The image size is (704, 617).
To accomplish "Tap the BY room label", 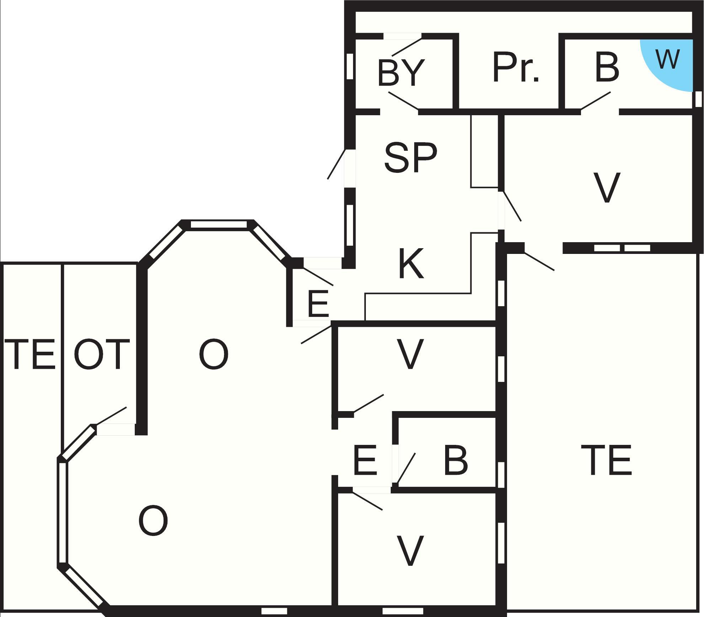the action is pos(401,73).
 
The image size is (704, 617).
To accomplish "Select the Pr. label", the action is pos(516,67).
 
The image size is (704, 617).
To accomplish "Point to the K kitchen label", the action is pos(411,264).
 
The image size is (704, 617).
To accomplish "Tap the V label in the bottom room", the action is pos(410,550).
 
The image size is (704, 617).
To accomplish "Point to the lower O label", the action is pos(153,521).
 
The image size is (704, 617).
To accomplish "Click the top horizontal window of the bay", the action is pos(219,224).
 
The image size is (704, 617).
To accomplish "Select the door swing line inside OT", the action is pos(111,415).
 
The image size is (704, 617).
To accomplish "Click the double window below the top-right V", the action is pos(622,248).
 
